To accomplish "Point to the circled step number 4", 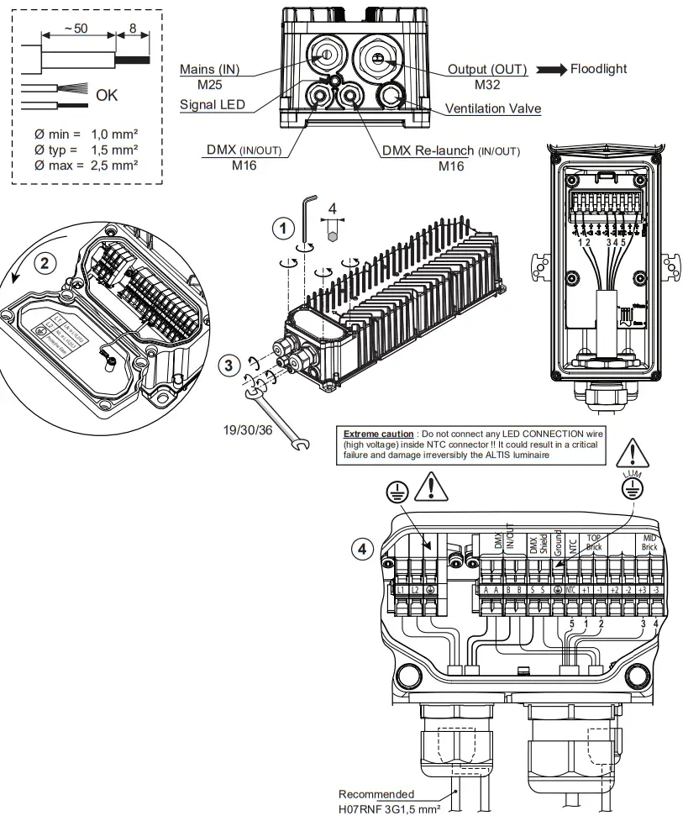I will tap(361, 547).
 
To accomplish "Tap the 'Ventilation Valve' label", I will tap(493, 109).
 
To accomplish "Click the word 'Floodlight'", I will tap(598, 69).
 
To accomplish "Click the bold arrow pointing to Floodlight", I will tap(550, 70).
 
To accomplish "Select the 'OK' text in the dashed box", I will tap(107, 96).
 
